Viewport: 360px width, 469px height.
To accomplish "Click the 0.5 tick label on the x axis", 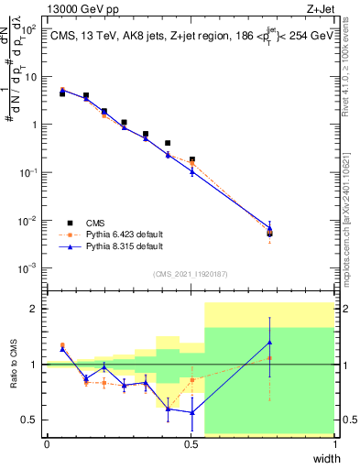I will (191, 445).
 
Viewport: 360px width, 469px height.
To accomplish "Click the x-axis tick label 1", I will (334, 445).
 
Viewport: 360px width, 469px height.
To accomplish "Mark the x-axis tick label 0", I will (47, 445).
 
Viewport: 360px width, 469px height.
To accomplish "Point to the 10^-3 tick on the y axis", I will (29, 268).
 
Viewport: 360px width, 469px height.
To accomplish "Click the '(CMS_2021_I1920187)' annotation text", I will (191, 273).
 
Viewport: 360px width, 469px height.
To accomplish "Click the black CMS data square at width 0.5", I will (191, 159).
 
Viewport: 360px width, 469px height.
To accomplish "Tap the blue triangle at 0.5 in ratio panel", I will (191, 412).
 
